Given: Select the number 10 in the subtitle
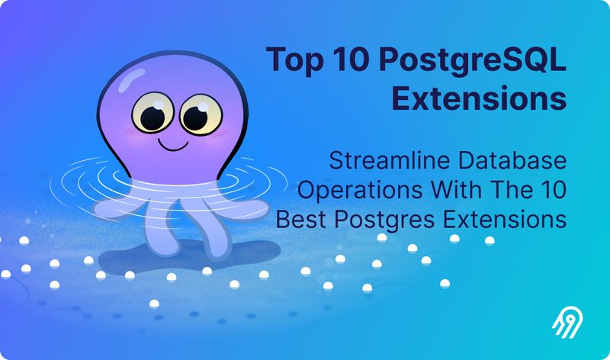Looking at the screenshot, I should point(551,190).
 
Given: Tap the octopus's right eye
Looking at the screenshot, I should point(197,115).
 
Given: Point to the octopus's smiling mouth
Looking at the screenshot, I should point(173,143).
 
